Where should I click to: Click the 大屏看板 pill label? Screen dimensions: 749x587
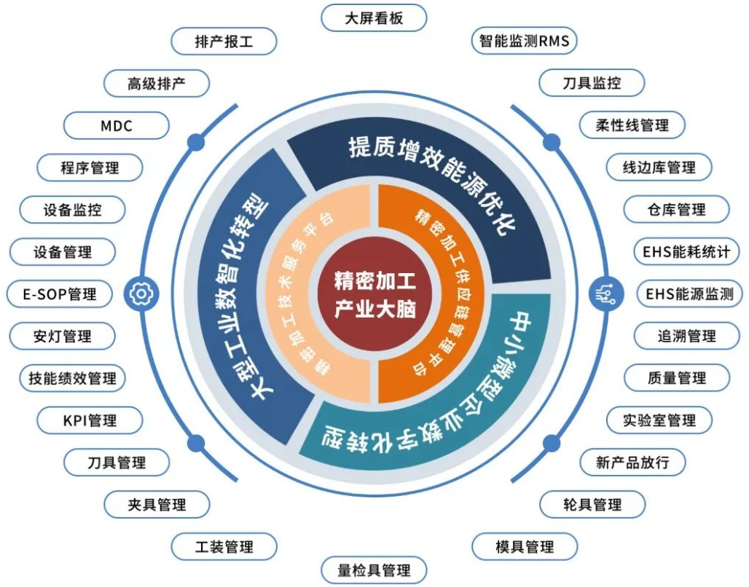374,19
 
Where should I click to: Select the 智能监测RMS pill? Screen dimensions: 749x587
525,41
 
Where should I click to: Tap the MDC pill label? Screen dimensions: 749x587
116,126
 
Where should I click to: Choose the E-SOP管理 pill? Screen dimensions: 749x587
60,294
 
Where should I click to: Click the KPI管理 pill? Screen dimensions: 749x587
90,420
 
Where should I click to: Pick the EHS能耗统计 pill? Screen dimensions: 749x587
686,252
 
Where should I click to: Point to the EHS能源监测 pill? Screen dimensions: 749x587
690,293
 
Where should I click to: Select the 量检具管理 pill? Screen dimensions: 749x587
374,570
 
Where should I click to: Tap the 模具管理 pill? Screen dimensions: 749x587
525,546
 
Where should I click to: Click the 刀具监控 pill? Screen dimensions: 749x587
592,83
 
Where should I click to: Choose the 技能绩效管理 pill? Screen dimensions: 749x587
72,378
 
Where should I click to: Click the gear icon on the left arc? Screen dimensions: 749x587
141,293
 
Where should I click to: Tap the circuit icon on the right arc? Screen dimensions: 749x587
606,293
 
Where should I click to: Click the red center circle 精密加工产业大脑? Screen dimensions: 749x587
374,295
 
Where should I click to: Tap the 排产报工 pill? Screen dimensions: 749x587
224,42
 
